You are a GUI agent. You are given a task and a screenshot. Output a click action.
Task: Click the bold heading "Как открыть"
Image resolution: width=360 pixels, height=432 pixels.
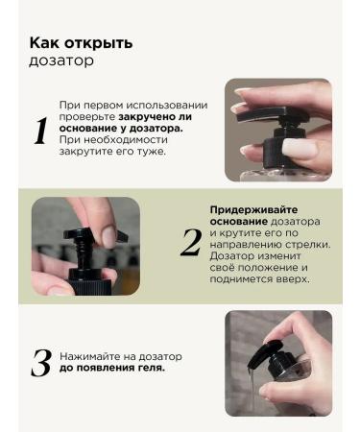pos(81,43)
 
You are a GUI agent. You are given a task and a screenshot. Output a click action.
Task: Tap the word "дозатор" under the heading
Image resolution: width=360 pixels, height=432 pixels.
pos(61,60)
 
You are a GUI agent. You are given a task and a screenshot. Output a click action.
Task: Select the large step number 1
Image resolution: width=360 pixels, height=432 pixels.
pos(41,131)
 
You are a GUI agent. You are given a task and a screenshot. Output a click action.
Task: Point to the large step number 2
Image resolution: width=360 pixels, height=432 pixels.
pos(191,243)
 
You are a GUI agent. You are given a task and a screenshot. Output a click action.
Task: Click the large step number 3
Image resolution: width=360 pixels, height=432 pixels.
pos(41,363)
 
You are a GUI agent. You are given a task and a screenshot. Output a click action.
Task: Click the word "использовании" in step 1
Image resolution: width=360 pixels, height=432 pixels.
pos(166,106)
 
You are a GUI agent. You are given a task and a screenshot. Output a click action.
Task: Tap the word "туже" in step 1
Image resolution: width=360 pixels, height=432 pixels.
pos(152,151)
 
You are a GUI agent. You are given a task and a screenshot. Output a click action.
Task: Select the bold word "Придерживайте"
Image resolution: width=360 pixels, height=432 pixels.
pos(253,210)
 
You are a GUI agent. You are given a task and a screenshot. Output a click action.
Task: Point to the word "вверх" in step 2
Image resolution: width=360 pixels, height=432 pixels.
pos(295,279)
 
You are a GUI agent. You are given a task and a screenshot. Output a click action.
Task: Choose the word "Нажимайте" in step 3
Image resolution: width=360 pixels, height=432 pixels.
pos(88,356)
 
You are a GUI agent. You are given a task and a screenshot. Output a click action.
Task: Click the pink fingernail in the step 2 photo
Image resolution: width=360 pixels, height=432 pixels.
pos(109,237)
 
